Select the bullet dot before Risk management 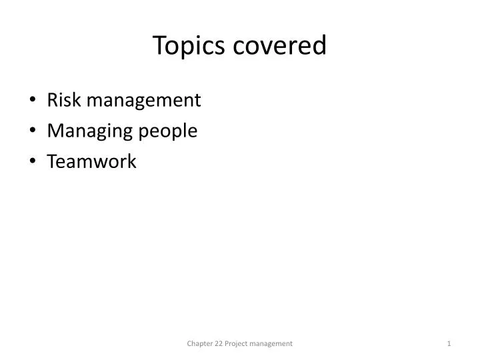point(34,101)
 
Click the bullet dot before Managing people point(34,131)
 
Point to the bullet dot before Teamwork point(34,162)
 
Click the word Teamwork point(91,161)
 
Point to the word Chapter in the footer point(198,343)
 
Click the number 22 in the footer point(220,343)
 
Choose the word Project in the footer point(239,343)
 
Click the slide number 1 point(449,343)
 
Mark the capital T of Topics point(159,45)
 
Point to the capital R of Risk point(52,100)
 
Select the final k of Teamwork point(132,161)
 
